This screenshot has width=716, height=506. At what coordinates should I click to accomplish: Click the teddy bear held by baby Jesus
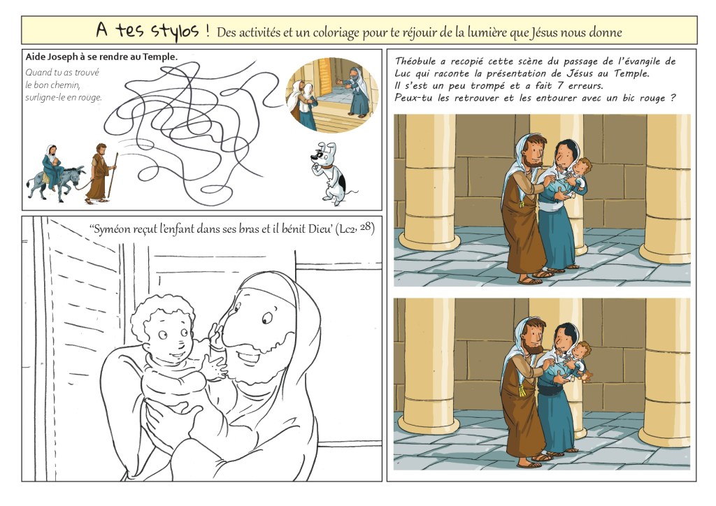pyautogui.click(x=584, y=375)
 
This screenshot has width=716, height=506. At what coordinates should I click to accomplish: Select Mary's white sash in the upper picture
pyautogui.click(x=551, y=205)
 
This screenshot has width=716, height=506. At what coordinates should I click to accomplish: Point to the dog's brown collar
pyautogui.click(x=325, y=166)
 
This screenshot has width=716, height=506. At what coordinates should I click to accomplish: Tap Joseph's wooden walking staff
pyautogui.click(x=113, y=175)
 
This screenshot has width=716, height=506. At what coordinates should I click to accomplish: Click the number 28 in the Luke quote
pyautogui.click(x=366, y=226)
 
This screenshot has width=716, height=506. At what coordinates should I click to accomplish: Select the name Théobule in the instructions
pyautogui.click(x=415, y=61)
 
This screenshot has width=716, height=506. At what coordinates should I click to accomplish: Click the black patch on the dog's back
pyautogui.click(x=341, y=182)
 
